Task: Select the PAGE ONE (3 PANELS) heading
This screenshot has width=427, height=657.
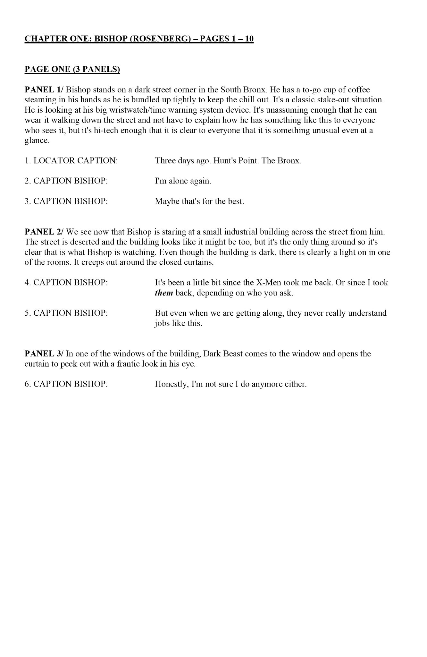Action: click(x=72, y=69)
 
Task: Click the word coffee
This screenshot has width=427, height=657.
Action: click(x=359, y=90)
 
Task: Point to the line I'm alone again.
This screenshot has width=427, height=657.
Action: click(x=183, y=181)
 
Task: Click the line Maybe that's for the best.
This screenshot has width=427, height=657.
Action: click(x=199, y=201)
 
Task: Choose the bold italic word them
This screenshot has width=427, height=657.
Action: click(x=164, y=293)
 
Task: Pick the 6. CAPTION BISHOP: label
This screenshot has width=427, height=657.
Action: click(x=66, y=384)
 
